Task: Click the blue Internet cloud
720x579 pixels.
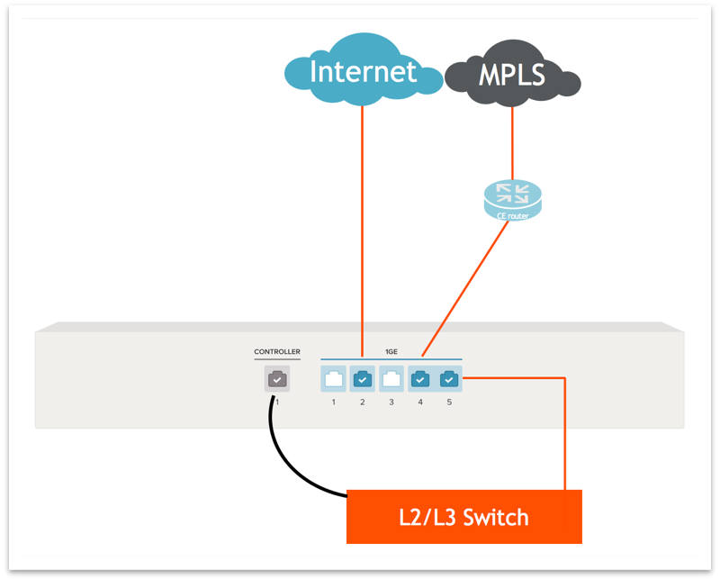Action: [x=363, y=70]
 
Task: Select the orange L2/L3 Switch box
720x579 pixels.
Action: [x=463, y=517]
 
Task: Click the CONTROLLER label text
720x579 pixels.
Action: [x=277, y=352]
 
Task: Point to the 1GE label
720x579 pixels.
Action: [x=391, y=352]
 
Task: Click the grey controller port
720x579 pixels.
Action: [x=277, y=379]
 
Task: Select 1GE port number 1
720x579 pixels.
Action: [x=333, y=379]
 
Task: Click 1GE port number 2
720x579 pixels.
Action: [x=362, y=379]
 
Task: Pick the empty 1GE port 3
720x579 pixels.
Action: [x=391, y=379]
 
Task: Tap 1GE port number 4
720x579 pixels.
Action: [x=420, y=379]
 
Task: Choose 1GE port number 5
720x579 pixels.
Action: [x=449, y=379]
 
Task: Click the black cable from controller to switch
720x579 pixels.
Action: [x=288, y=459]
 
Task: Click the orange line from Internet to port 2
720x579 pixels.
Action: [x=362, y=225]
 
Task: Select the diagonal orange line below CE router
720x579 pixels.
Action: [x=463, y=288]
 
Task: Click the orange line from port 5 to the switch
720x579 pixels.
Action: [x=564, y=432]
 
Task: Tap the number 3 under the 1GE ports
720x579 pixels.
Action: [x=391, y=402]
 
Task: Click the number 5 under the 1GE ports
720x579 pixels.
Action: [x=449, y=402]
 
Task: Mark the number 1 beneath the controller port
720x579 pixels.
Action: [x=277, y=402]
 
